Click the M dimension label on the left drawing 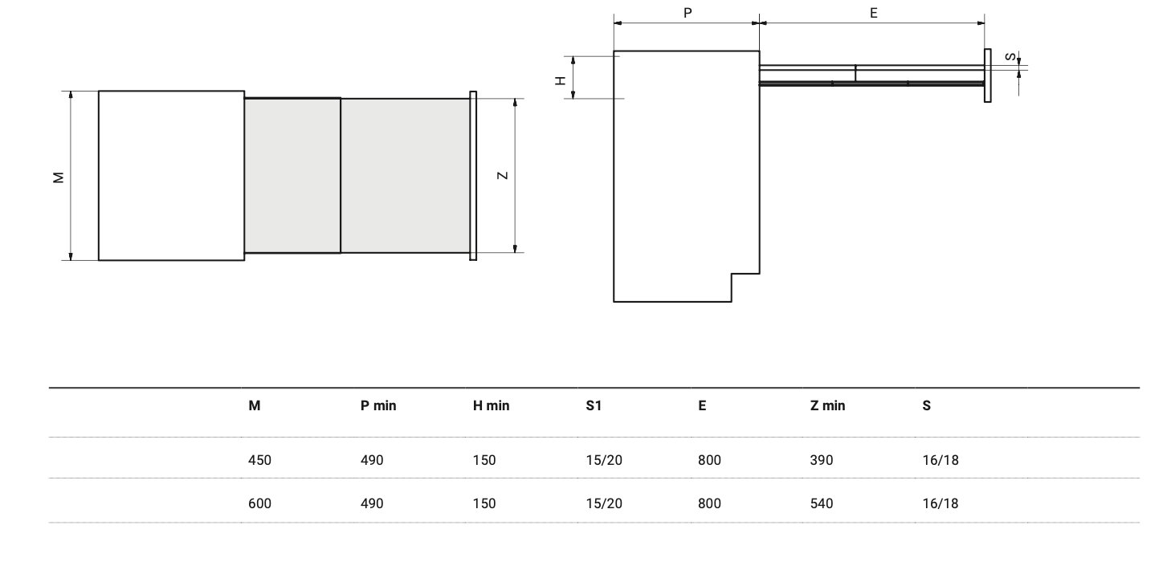(58, 177)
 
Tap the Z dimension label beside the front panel (503, 176)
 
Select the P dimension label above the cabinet (688, 13)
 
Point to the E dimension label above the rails (874, 13)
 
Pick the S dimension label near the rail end (1009, 57)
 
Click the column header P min (378, 405)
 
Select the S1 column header (594, 405)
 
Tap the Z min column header (827, 405)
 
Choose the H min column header (491, 405)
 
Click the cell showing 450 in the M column (259, 460)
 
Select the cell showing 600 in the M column (259, 503)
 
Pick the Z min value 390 (822, 460)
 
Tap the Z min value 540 (822, 503)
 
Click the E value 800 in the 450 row (709, 460)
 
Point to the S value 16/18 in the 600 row (941, 503)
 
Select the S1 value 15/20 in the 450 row (603, 460)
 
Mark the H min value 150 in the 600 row (484, 503)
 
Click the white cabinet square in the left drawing (171, 175)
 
